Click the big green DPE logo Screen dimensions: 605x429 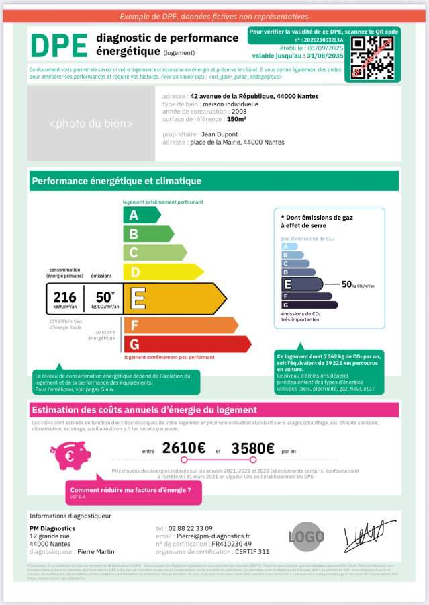59,46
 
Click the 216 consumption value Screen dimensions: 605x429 64,296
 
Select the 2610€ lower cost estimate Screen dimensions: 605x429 184,448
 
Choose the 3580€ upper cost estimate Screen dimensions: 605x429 252,448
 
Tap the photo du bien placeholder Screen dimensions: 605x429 91,124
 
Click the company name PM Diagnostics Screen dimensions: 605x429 52,528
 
